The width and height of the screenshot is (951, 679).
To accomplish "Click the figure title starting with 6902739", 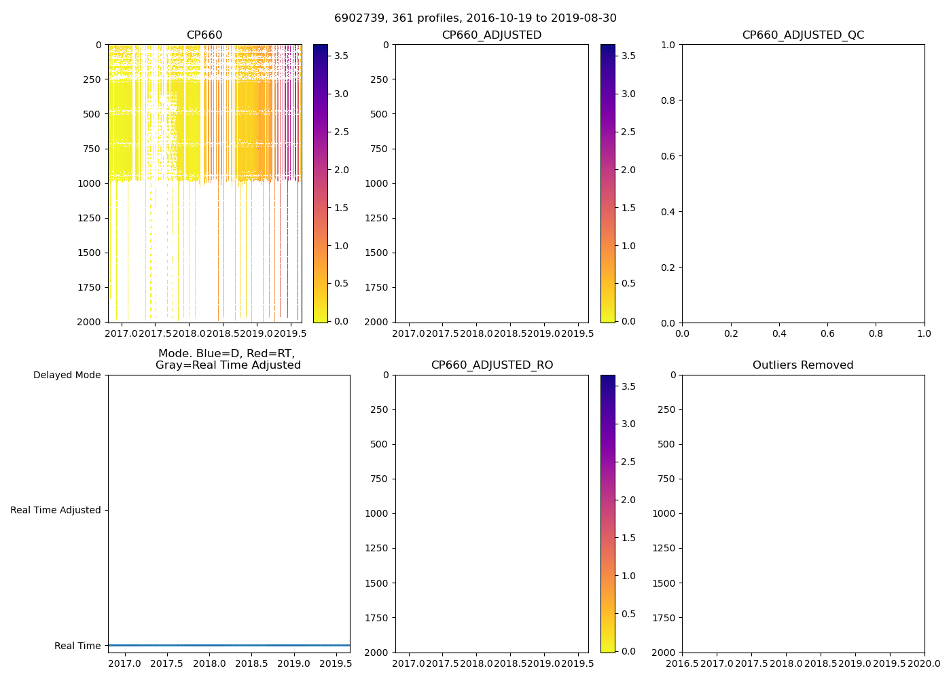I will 475,18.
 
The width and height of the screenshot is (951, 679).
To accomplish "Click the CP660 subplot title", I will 204,35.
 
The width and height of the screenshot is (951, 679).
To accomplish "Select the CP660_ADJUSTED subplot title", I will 492,35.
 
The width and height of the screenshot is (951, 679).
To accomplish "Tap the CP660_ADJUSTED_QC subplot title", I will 803,35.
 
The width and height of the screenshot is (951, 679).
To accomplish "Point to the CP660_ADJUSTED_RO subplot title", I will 492,365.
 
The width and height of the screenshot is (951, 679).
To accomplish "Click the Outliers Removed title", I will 803,365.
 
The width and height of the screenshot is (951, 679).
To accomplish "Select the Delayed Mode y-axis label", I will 67,375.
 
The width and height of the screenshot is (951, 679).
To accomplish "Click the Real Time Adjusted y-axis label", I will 56,510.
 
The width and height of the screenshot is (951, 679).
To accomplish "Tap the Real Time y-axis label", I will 77,646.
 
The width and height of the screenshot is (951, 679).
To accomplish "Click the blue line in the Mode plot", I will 229,645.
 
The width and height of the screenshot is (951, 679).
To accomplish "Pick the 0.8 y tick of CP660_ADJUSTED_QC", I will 668,100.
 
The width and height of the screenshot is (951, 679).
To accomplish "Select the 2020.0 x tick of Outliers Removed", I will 925,663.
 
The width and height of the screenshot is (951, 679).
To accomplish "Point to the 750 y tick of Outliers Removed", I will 668,479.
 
